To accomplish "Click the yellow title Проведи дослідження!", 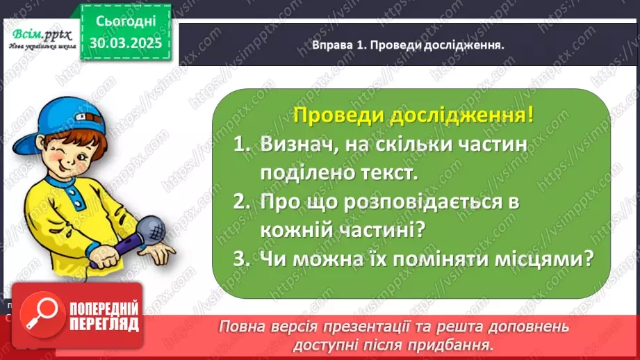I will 413,115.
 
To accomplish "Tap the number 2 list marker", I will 240,202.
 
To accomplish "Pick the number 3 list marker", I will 240,259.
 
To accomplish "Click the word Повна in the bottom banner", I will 241,326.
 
